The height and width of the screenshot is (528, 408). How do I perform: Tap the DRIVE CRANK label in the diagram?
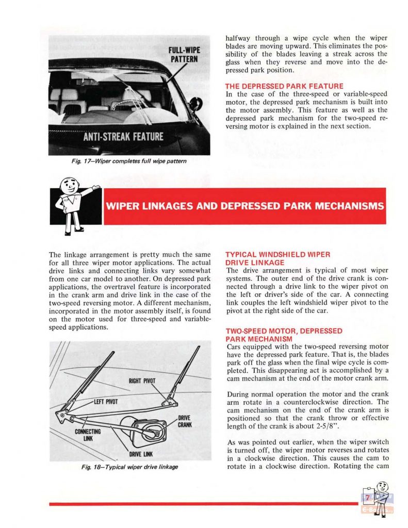pyautogui.click(x=185, y=421)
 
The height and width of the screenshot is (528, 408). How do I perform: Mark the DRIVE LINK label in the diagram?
pyautogui.click(x=140, y=453)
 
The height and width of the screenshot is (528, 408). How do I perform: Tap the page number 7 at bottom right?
pyautogui.click(x=368, y=498)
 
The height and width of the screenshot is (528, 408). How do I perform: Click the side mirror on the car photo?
pyautogui.click(x=195, y=103)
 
